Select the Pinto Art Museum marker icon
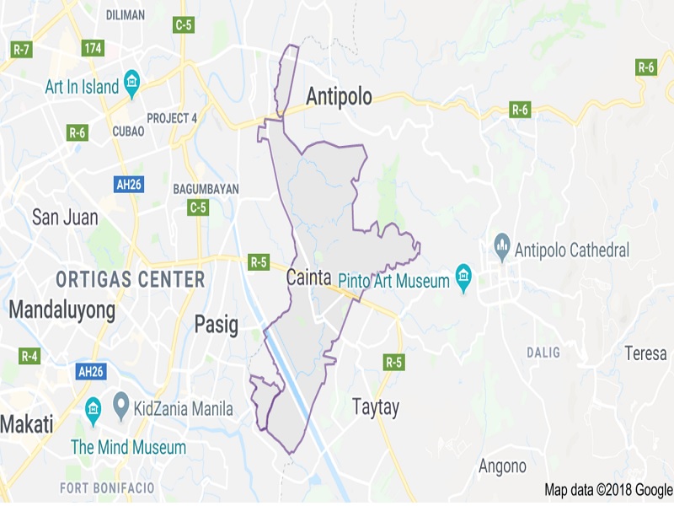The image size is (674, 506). [x=463, y=277]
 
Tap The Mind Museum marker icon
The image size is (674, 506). [x=93, y=413]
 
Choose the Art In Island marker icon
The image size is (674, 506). [x=131, y=83]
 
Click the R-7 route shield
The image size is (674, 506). [x=21, y=49]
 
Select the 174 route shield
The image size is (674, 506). [x=93, y=48]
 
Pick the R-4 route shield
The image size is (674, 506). [x=29, y=356]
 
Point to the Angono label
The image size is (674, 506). [x=502, y=466]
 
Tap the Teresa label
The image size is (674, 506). [x=645, y=353]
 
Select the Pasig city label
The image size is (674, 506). [x=217, y=324]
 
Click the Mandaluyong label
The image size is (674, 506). [x=62, y=310]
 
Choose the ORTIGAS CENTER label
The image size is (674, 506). [x=130, y=279]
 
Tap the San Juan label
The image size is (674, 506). [x=65, y=218]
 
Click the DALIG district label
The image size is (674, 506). [x=543, y=352]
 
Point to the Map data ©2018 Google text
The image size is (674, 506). [x=607, y=490]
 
